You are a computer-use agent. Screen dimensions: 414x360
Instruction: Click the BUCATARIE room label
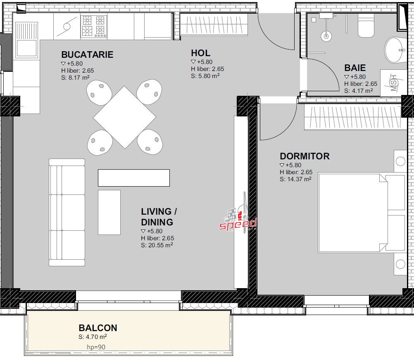87,54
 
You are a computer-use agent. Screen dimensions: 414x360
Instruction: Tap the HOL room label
201,53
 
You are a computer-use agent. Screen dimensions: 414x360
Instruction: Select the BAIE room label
355,68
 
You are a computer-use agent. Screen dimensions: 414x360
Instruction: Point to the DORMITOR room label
305,156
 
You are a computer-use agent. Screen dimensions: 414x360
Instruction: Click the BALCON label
98,328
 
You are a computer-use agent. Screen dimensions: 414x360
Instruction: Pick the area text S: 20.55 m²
157,245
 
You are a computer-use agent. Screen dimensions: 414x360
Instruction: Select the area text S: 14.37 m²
295,179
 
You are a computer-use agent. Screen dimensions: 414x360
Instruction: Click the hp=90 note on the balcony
96,347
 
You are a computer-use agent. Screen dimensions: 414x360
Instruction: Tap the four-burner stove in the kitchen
94,26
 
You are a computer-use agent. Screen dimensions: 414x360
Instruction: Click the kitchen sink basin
26,48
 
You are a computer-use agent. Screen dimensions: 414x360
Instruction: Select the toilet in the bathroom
366,25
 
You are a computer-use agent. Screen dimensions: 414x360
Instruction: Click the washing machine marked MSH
393,83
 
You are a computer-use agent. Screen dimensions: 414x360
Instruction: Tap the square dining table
125,117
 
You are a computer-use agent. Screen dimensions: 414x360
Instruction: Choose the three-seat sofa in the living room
67,212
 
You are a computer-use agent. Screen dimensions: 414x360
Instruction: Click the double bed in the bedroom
362,213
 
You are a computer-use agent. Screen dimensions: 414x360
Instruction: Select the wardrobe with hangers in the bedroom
355,117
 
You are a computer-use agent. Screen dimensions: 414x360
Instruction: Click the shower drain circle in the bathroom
326,36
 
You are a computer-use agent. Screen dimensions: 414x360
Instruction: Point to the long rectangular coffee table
134,178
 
